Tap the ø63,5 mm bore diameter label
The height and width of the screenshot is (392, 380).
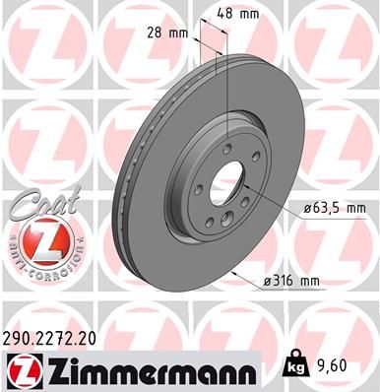pyautogui.click(x=330, y=209)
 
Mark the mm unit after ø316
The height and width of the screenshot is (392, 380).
pyautogui.click(x=311, y=281)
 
